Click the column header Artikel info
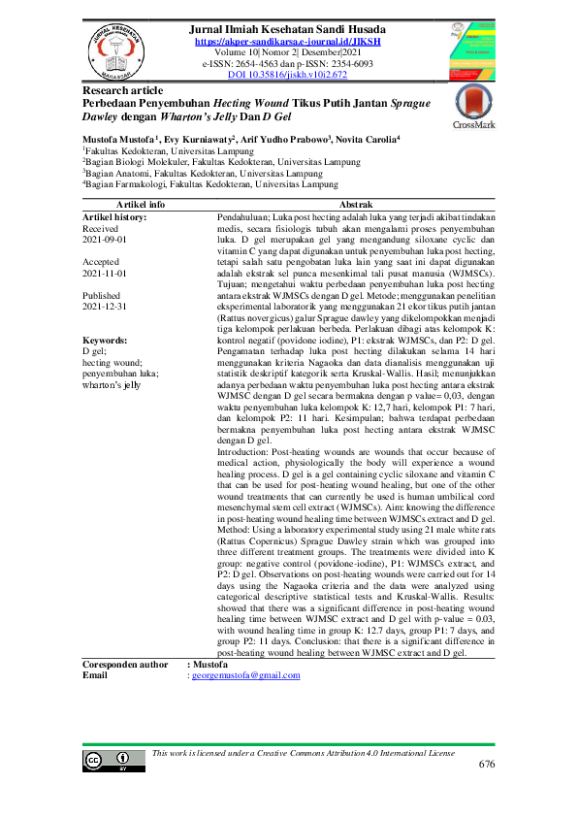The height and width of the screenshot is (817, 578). tap(141, 205)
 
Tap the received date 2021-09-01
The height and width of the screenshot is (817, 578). tap(105, 238)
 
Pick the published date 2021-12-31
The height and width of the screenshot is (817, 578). tap(105, 306)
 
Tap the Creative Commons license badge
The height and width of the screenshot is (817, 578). tap(110, 759)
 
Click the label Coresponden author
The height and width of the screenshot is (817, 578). tap(126, 663)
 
